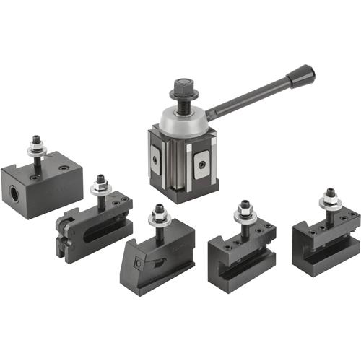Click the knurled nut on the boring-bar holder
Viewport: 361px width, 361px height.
(x=35, y=150)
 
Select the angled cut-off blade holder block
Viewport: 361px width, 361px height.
(x=155, y=257)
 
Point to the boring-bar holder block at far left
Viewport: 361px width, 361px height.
(x=41, y=184)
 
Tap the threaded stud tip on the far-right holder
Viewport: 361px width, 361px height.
(x=330, y=193)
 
